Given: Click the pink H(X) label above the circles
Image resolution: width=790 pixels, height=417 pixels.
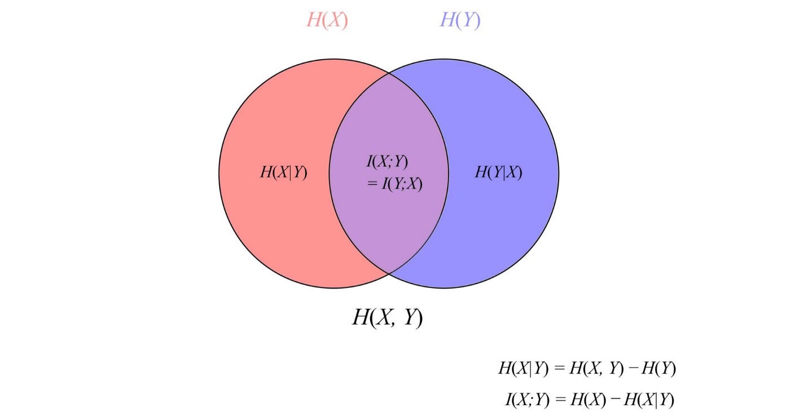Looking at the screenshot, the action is click(x=327, y=20).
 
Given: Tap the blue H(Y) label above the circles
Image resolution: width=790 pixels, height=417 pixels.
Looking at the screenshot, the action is click(x=460, y=20).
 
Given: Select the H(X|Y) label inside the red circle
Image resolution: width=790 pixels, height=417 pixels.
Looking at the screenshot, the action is click(x=283, y=172).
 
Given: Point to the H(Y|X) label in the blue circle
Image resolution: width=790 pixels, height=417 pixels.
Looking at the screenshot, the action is click(x=498, y=172).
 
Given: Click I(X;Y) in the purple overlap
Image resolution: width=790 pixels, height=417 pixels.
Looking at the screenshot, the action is click(x=387, y=162).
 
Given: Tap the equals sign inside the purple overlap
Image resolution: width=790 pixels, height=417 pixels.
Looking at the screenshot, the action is click(x=372, y=184).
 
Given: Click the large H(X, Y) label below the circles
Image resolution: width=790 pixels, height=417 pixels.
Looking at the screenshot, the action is click(x=388, y=318).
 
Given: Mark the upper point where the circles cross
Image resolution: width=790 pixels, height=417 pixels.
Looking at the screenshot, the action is click(x=389, y=73).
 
